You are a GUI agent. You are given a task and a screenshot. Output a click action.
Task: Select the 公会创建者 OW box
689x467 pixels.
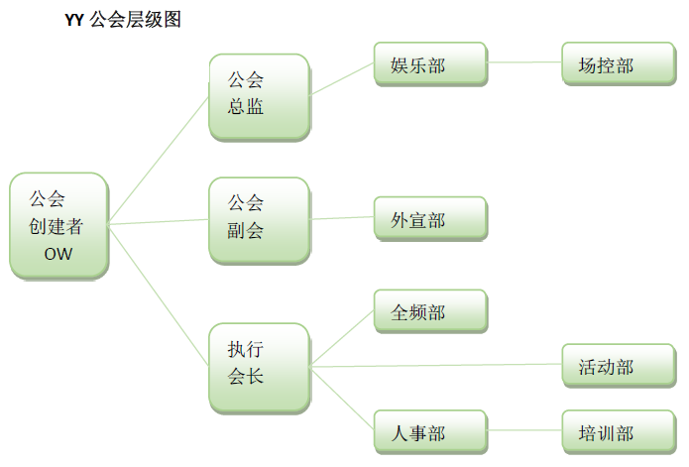pyautogui.click(x=57, y=226)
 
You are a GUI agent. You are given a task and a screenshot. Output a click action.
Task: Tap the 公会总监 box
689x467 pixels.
pyautogui.click(x=259, y=95)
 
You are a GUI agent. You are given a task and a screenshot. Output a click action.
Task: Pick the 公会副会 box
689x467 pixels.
pyautogui.click(x=259, y=219)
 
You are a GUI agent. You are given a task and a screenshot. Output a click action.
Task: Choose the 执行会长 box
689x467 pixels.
pyautogui.click(x=259, y=366)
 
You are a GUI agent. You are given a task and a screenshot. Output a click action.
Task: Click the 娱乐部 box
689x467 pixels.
pyautogui.click(x=430, y=65)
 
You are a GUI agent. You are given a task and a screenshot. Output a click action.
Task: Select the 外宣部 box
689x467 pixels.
pyautogui.click(x=430, y=219)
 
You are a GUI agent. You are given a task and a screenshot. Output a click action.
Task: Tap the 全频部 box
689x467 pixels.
pyautogui.click(x=430, y=312)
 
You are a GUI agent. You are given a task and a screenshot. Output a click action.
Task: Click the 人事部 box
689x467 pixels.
pyautogui.click(x=430, y=432)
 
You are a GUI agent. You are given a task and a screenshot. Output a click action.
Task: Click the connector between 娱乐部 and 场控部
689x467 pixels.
pyautogui.click(x=524, y=62)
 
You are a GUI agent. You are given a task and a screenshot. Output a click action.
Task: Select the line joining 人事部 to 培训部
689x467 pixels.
pyautogui.click(x=524, y=431)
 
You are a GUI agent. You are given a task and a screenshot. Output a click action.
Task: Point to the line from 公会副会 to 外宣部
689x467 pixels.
pyautogui.click(x=342, y=218)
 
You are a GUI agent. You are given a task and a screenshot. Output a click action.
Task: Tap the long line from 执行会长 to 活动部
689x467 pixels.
pyautogui.click(x=436, y=365)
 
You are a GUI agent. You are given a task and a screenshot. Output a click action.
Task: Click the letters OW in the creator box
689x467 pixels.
pyautogui.click(x=57, y=254)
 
